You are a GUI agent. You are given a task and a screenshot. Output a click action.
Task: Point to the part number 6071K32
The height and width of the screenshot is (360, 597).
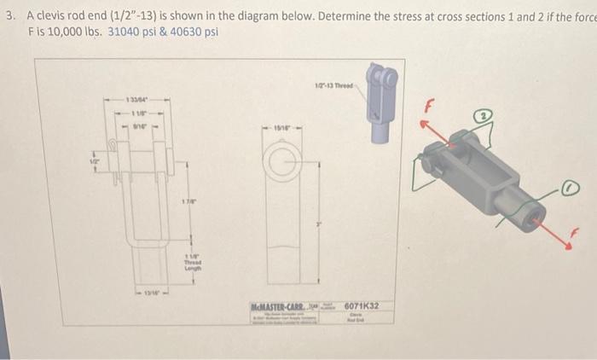coord(362,305)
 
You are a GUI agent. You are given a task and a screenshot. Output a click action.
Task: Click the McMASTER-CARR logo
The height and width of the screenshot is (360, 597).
coord(281,305)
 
